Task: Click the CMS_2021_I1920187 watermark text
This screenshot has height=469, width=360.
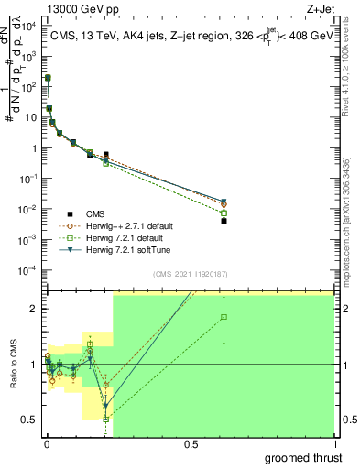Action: tap(189, 274)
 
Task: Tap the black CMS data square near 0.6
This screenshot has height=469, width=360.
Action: tap(224, 221)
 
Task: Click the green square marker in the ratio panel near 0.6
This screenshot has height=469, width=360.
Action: tap(224, 317)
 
